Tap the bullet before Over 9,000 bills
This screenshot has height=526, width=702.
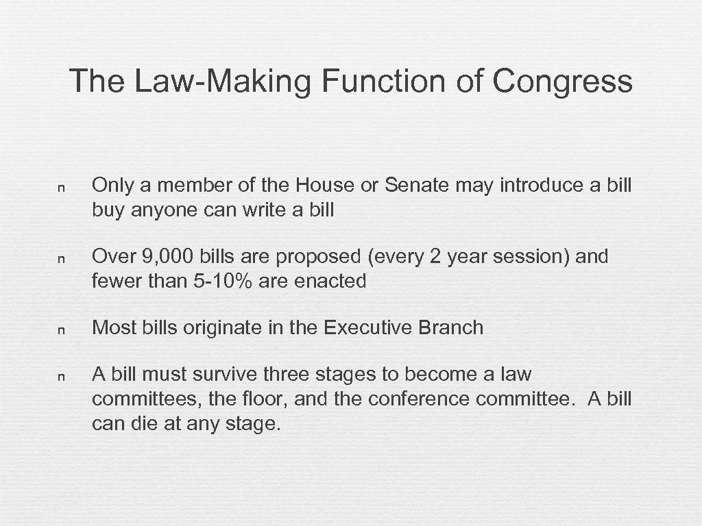[61, 259]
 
